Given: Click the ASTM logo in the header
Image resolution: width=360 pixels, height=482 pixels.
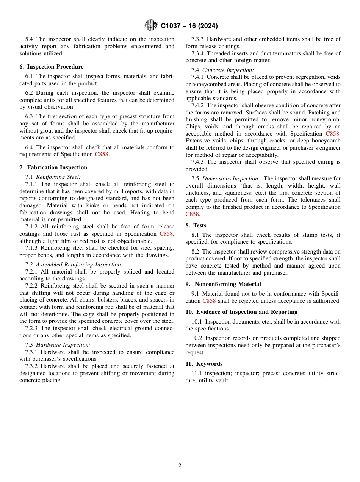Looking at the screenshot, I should pos(151,26).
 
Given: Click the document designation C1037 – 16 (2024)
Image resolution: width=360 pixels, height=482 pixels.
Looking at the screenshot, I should pos(189,26).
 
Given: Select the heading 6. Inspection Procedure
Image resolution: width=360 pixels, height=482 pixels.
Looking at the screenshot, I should pos(52,67).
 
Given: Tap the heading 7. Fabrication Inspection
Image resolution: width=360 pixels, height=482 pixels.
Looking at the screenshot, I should pos(53,167).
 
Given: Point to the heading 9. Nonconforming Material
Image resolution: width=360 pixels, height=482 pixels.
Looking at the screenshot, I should pos(223,284).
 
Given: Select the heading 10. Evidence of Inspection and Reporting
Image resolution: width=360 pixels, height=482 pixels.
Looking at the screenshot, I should pos(241,312).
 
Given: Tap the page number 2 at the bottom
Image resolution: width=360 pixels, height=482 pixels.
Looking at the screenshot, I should pos(180,466).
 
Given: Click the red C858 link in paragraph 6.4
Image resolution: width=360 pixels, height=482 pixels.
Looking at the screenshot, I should pos(102,155).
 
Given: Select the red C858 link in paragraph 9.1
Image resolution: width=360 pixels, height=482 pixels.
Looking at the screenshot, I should pos(210,301).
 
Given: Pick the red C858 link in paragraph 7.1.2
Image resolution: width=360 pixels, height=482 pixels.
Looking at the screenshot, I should pos(166,234).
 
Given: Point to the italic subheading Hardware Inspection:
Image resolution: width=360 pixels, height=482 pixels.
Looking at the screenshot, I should pos(63,345).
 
